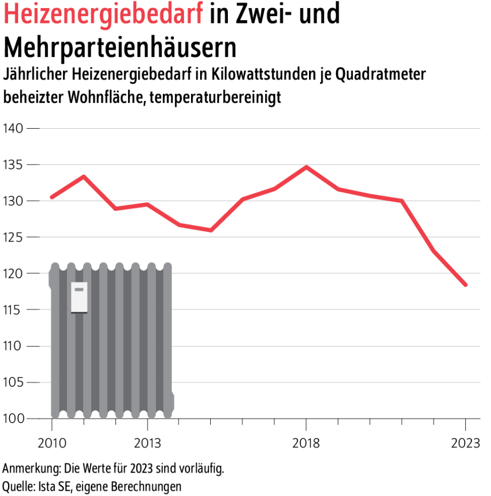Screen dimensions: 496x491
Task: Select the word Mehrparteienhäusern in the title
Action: [x=120, y=48]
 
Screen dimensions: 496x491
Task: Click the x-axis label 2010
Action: [x=52, y=443]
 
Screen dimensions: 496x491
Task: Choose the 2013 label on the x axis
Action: [x=147, y=443]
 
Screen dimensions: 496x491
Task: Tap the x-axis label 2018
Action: [x=306, y=443]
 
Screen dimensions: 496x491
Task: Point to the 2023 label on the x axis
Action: [x=465, y=443]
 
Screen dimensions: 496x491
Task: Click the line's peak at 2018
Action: [x=306, y=167]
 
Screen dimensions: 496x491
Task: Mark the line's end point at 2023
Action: [x=465, y=285]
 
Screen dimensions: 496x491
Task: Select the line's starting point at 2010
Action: [x=52, y=197]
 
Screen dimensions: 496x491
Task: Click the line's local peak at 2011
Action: [x=84, y=176]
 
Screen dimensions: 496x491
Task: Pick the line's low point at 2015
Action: [x=211, y=230]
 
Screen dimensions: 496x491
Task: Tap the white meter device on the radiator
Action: [x=79, y=297]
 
